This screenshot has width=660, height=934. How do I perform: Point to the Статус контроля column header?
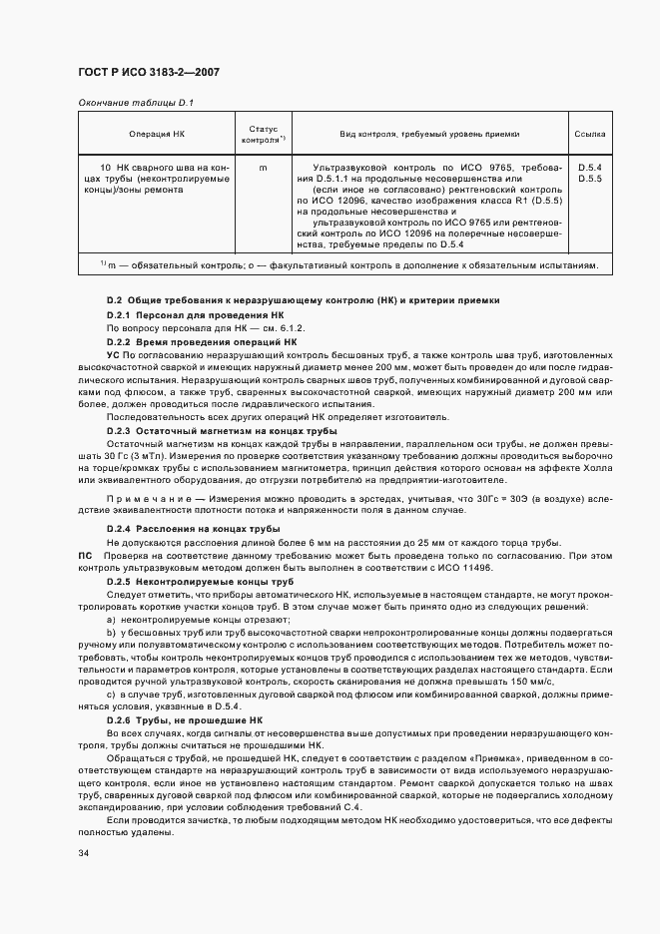coord(263,134)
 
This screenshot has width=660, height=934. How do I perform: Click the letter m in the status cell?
coord(263,168)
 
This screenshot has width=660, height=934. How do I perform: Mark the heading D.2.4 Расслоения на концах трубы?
coord(194,528)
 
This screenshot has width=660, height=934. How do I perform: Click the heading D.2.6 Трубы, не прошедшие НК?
coord(185,718)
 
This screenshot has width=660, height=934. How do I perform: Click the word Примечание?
coord(145,496)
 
